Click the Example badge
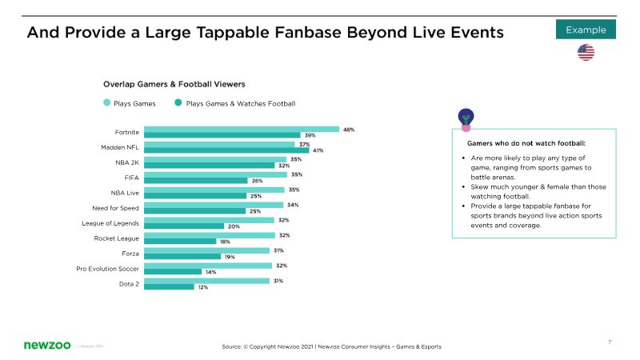point(586,30)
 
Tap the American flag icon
point(586,52)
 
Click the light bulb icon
point(466,119)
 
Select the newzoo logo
point(47,345)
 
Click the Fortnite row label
point(127,132)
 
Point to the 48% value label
point(349,130)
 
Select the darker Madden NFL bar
point(226,150)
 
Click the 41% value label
point(318,150)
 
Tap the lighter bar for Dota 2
point(206,281)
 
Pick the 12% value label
point(203,287)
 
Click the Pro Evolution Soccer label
point(107,269)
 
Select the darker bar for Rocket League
point(180,242)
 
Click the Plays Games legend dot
point(107,102)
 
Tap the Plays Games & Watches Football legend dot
point(178,102)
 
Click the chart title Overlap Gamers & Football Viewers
point(174,84)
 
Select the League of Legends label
point(110,223)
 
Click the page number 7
point(610,342)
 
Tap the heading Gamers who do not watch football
point(526,143)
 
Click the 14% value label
point(211,272)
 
